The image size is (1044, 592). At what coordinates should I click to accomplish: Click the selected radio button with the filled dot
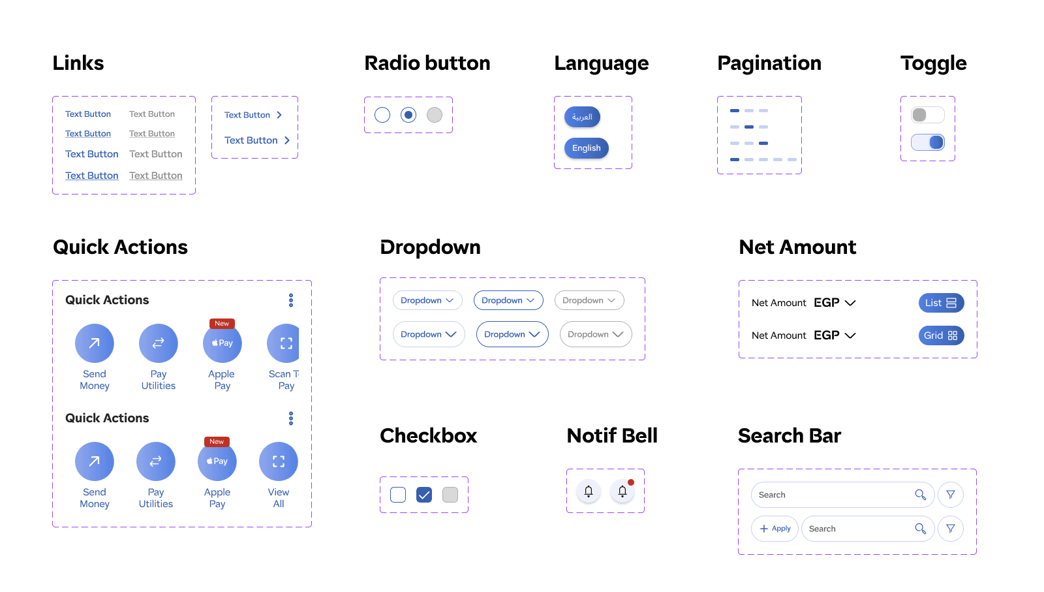(408, 115)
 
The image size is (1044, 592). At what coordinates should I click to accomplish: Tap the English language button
(586, 148)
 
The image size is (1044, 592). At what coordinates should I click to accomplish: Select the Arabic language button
(582, 117)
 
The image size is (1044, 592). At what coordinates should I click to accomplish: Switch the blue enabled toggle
(928, 142)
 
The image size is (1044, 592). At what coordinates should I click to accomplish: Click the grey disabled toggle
(928, 115)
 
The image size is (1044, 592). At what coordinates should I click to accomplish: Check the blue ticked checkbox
(424, 495)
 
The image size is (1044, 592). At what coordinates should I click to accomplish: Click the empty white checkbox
(398, 495)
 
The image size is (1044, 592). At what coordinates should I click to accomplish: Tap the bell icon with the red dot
(622, 491)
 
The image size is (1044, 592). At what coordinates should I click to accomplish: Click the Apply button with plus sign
(775, 529)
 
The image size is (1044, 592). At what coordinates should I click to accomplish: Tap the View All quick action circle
(279, 461)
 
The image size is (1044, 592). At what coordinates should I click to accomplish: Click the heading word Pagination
(769, 63)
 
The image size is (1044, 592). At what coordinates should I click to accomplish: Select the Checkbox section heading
(428, 435)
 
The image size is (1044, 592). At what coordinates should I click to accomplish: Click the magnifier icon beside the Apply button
(920, 529)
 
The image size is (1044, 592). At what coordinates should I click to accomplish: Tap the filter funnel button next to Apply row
(951, 529)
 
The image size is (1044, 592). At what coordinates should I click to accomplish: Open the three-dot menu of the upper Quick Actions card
(291, 300)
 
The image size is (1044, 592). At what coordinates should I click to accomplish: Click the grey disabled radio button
(435, 115)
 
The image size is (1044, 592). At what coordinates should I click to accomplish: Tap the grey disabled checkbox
(450, 495)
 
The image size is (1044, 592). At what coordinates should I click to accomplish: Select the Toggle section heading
(933, 63)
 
